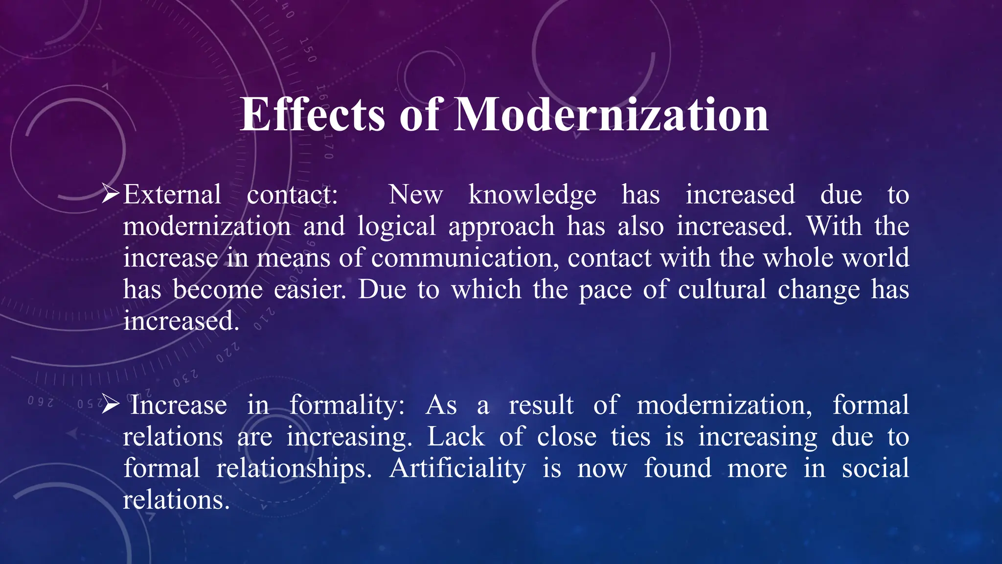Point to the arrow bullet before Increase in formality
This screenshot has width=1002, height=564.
point(110,405)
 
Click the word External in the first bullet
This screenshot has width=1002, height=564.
point(172,194)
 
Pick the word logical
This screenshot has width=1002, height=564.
point(396,227)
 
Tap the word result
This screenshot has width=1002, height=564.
point(541,405)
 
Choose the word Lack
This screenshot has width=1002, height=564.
point(456,436)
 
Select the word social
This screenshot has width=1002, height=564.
point(875,468)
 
